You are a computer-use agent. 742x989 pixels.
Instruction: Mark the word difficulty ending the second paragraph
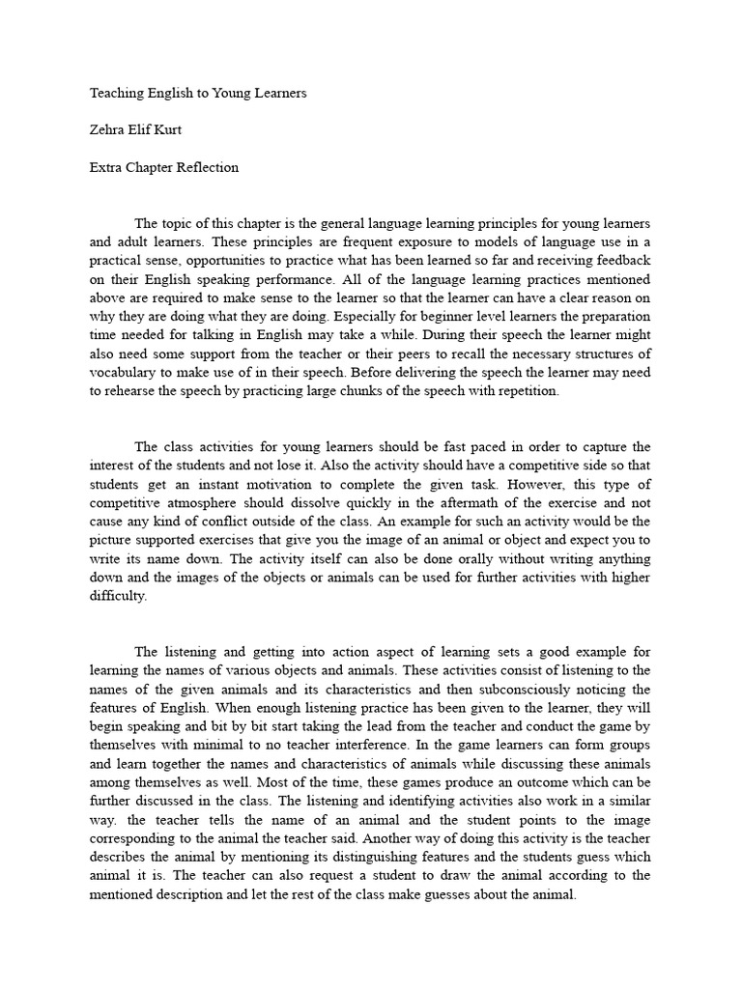(120, 596)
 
